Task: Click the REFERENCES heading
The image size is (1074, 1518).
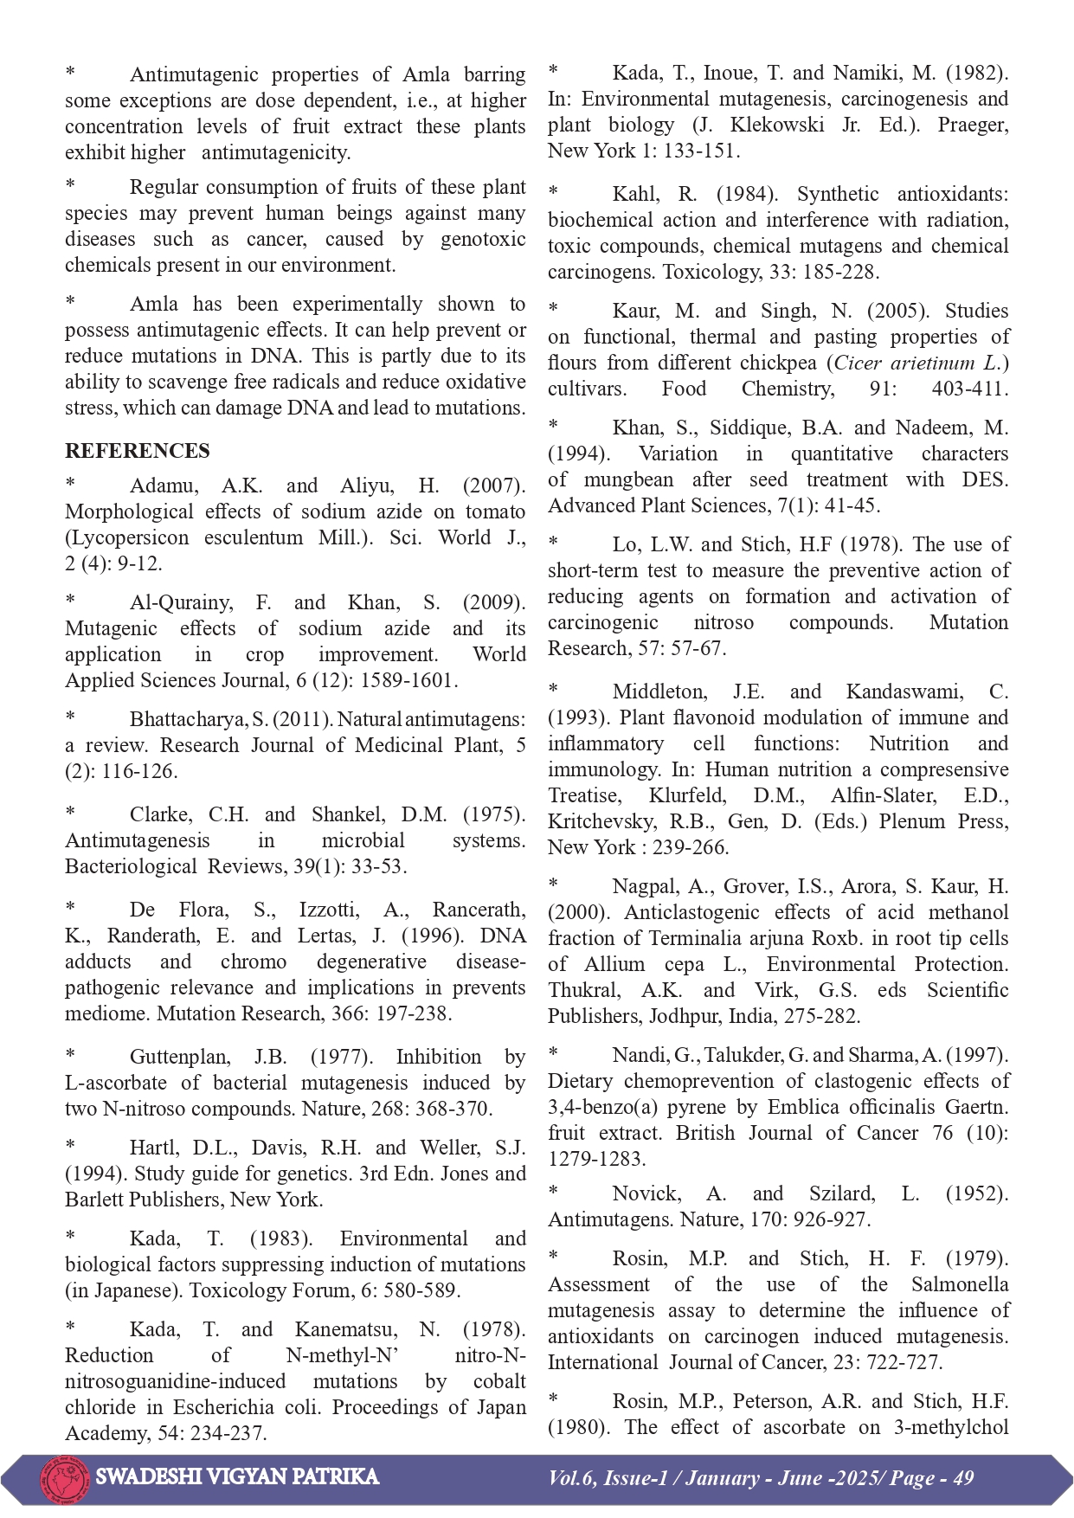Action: pyautogui.click(x=137, y=451)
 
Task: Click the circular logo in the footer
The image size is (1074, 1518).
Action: pyautogui.click(x=64, y=1477)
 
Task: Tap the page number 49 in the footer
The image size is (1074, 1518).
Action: pyautogui.click(x=963, y=1477)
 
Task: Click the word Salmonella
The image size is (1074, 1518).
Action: pyautogui.click(x=960, y=1284)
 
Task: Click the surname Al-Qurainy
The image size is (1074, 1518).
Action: pyautogui.click(x=181, y=602)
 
